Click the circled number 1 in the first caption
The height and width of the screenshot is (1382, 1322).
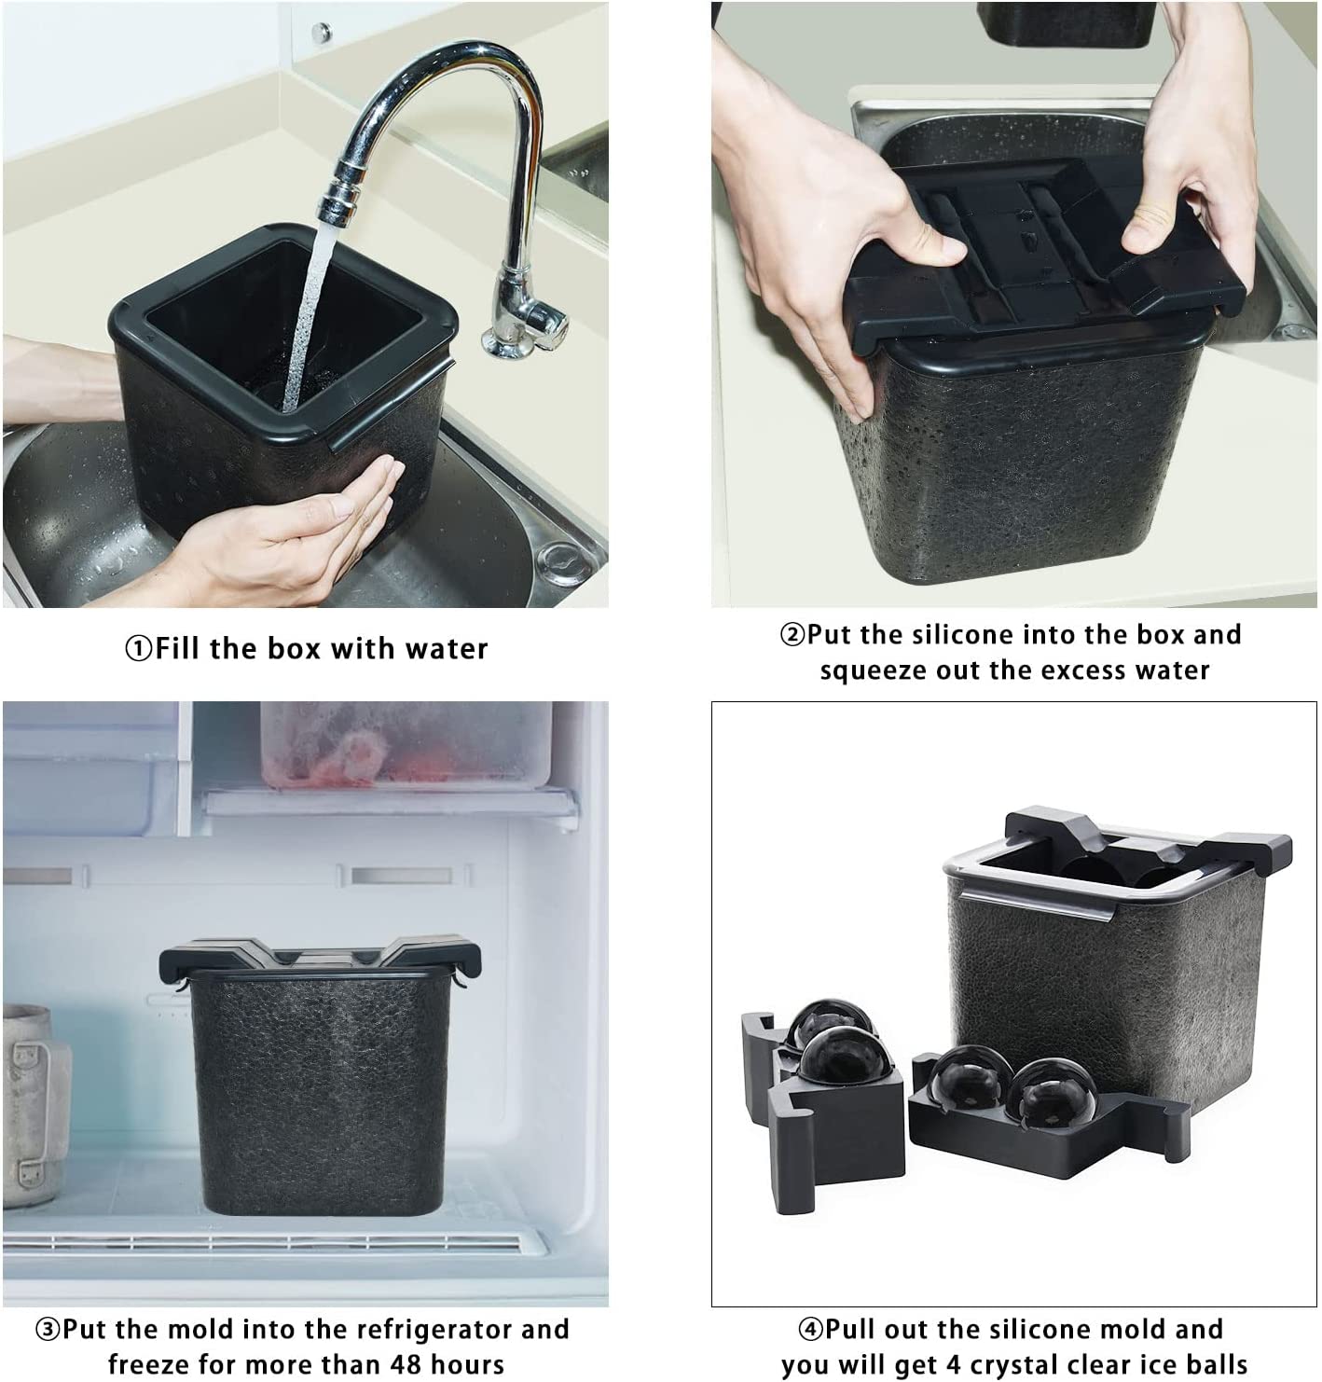pos(140,648)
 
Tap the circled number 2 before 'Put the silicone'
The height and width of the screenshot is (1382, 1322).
pos(793,634)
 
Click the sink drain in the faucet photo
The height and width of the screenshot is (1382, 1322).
pos(563,562)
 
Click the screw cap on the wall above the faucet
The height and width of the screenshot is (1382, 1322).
pos(321,33)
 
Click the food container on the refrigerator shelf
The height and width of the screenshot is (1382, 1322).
pos(406,745)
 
